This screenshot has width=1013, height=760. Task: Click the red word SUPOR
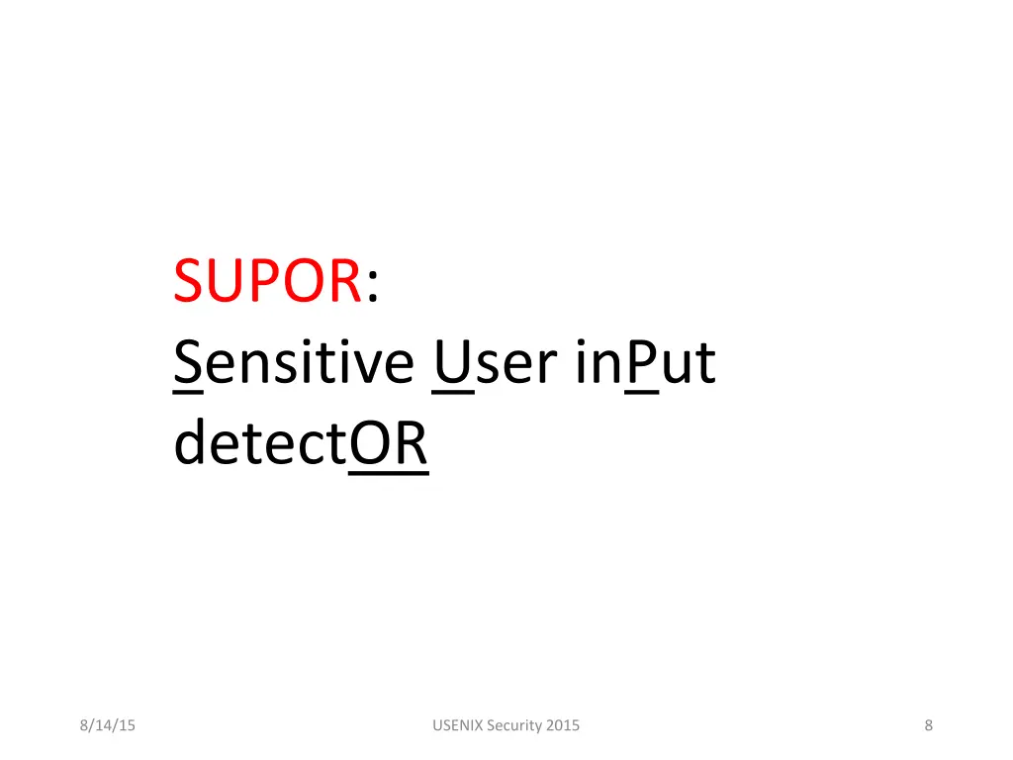click(x=266, y=281)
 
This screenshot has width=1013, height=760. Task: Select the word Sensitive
click(x=294, y=363)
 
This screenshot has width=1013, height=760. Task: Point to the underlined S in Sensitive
click(x=188, y=363)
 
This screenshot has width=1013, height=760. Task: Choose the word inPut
click(x=644, y=363)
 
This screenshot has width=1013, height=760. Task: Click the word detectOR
click(x=301, y=445)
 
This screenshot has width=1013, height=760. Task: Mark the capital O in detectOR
click(x=371, y=445)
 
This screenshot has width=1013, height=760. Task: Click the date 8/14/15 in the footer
click(x=108, y=725)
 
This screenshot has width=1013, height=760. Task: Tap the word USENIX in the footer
click(x=458, y=725)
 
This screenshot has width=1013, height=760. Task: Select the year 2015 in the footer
click(x=563, y=725)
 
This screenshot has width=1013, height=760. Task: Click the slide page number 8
click(x=928, y=725)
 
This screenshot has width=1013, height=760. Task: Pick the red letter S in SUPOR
click(x=188, y=281)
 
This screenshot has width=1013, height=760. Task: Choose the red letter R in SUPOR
click(x=342, y=281)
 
